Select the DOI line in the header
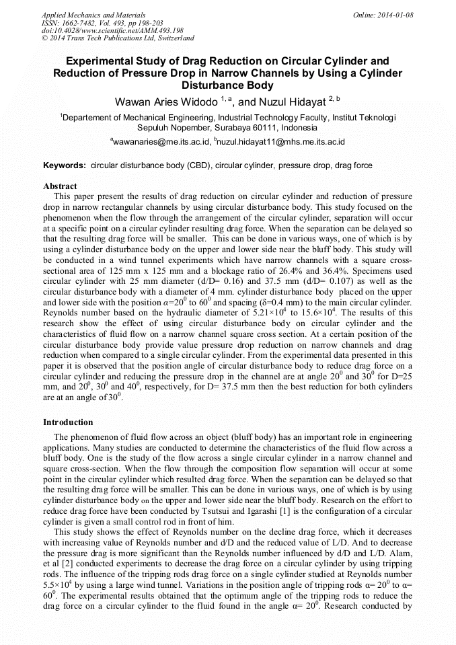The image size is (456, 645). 112,31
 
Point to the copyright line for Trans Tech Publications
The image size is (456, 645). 118,39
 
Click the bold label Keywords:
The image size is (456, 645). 65,165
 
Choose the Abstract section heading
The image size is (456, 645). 60,186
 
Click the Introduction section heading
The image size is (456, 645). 68,422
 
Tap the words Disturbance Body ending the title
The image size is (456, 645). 228,85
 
